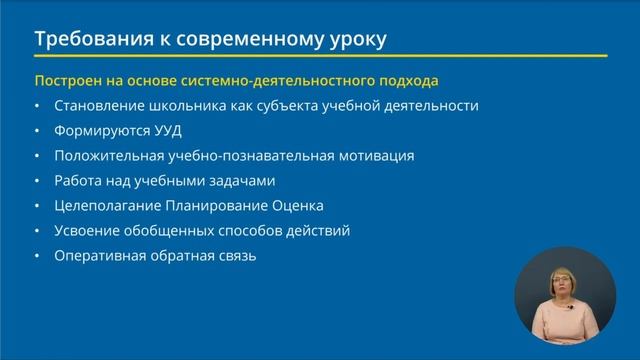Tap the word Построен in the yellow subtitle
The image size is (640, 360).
[66, 80]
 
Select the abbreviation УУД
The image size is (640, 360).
[167, 130]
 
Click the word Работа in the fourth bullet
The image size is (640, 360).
[79, 181]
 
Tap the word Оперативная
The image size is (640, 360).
[101, 256]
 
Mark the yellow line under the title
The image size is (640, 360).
[320, 56]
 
